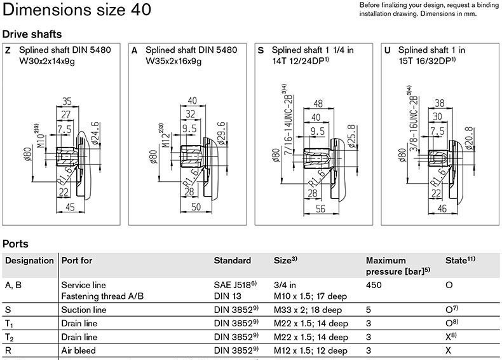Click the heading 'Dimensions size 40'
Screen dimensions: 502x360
[77, 10]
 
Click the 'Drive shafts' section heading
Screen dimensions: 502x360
[32, 34]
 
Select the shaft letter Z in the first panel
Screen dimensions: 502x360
[8, 50]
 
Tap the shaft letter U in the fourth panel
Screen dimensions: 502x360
[388, 50]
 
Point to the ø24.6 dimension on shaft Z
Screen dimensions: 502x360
[95, 133]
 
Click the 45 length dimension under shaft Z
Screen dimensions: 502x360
[70, 207]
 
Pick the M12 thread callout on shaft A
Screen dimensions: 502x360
[165, 135]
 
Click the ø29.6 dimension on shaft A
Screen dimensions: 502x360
[222, 134]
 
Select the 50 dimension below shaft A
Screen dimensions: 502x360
[196, 207]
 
